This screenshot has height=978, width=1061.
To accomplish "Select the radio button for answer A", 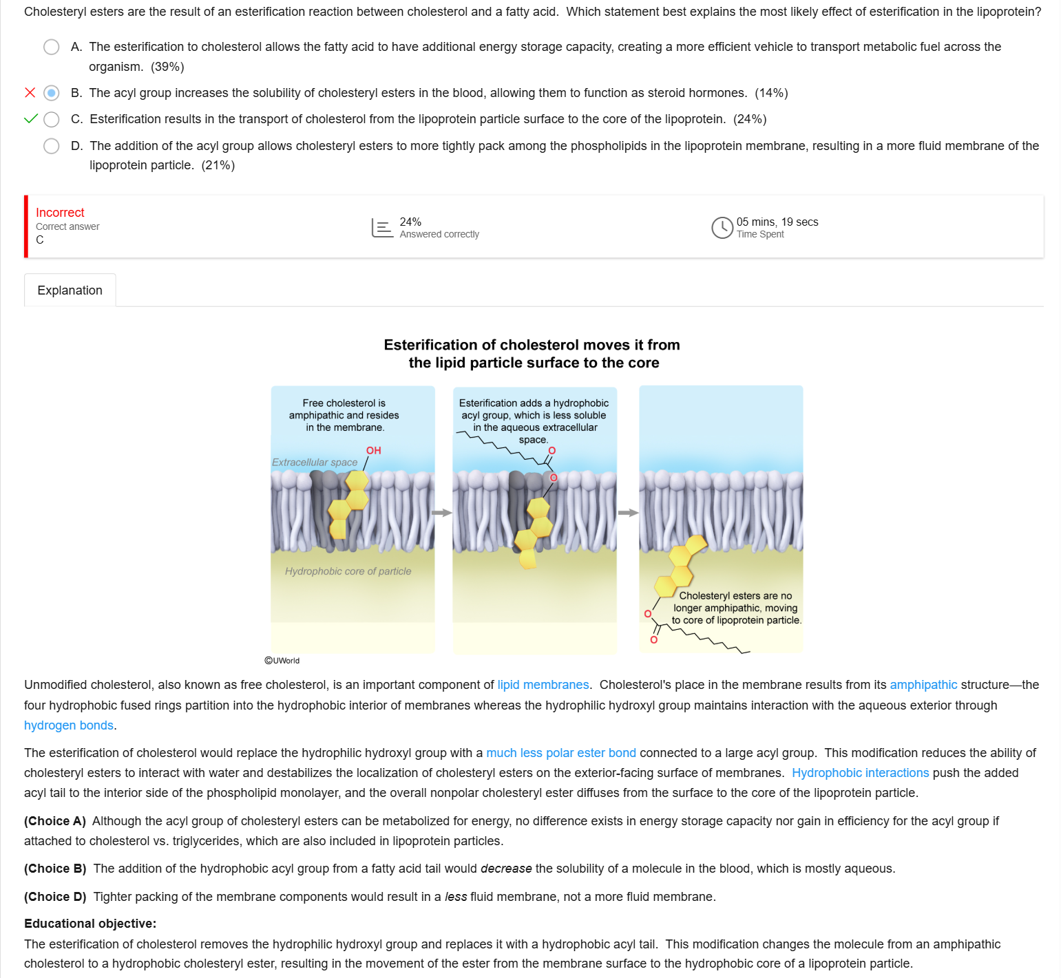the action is (x=52, y=47).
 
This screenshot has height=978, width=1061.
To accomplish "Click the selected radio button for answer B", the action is (x=52, y=93).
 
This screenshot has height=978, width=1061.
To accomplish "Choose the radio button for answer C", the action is (x=52, y=119).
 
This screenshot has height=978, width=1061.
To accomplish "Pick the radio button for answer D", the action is (x=52, y=146).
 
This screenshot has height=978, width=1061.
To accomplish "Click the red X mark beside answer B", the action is (x=30, y=93).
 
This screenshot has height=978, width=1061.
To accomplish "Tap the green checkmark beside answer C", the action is (x=31, y=118).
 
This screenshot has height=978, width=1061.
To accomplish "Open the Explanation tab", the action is (x=70, y=290).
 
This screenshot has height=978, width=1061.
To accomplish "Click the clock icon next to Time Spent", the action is (x=722, y=228).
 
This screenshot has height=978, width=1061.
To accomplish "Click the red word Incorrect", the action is (x=60, y=213).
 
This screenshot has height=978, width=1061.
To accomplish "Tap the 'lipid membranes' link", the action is (x=543, y=685).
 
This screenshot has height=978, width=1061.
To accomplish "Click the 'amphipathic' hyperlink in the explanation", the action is (x=923, y=685).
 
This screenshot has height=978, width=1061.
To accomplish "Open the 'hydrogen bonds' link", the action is (x=69, y=725).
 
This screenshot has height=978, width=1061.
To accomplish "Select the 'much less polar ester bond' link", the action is (x=561, y=753).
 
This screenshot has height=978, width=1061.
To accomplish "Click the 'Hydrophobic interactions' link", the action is (x=861, y=773).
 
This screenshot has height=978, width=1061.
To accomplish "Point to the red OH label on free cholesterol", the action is (x=373, y=450).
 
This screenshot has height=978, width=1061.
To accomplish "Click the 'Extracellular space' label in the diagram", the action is (x=315, y=463).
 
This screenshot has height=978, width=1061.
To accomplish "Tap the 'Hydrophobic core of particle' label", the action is (x=348, y=571).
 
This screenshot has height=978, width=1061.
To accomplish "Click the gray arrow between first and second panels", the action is (x=442, y=513).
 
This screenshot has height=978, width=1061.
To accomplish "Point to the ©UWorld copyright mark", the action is (x=282, y=661).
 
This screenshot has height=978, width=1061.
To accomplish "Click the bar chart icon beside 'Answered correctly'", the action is (x=382, y=228).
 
